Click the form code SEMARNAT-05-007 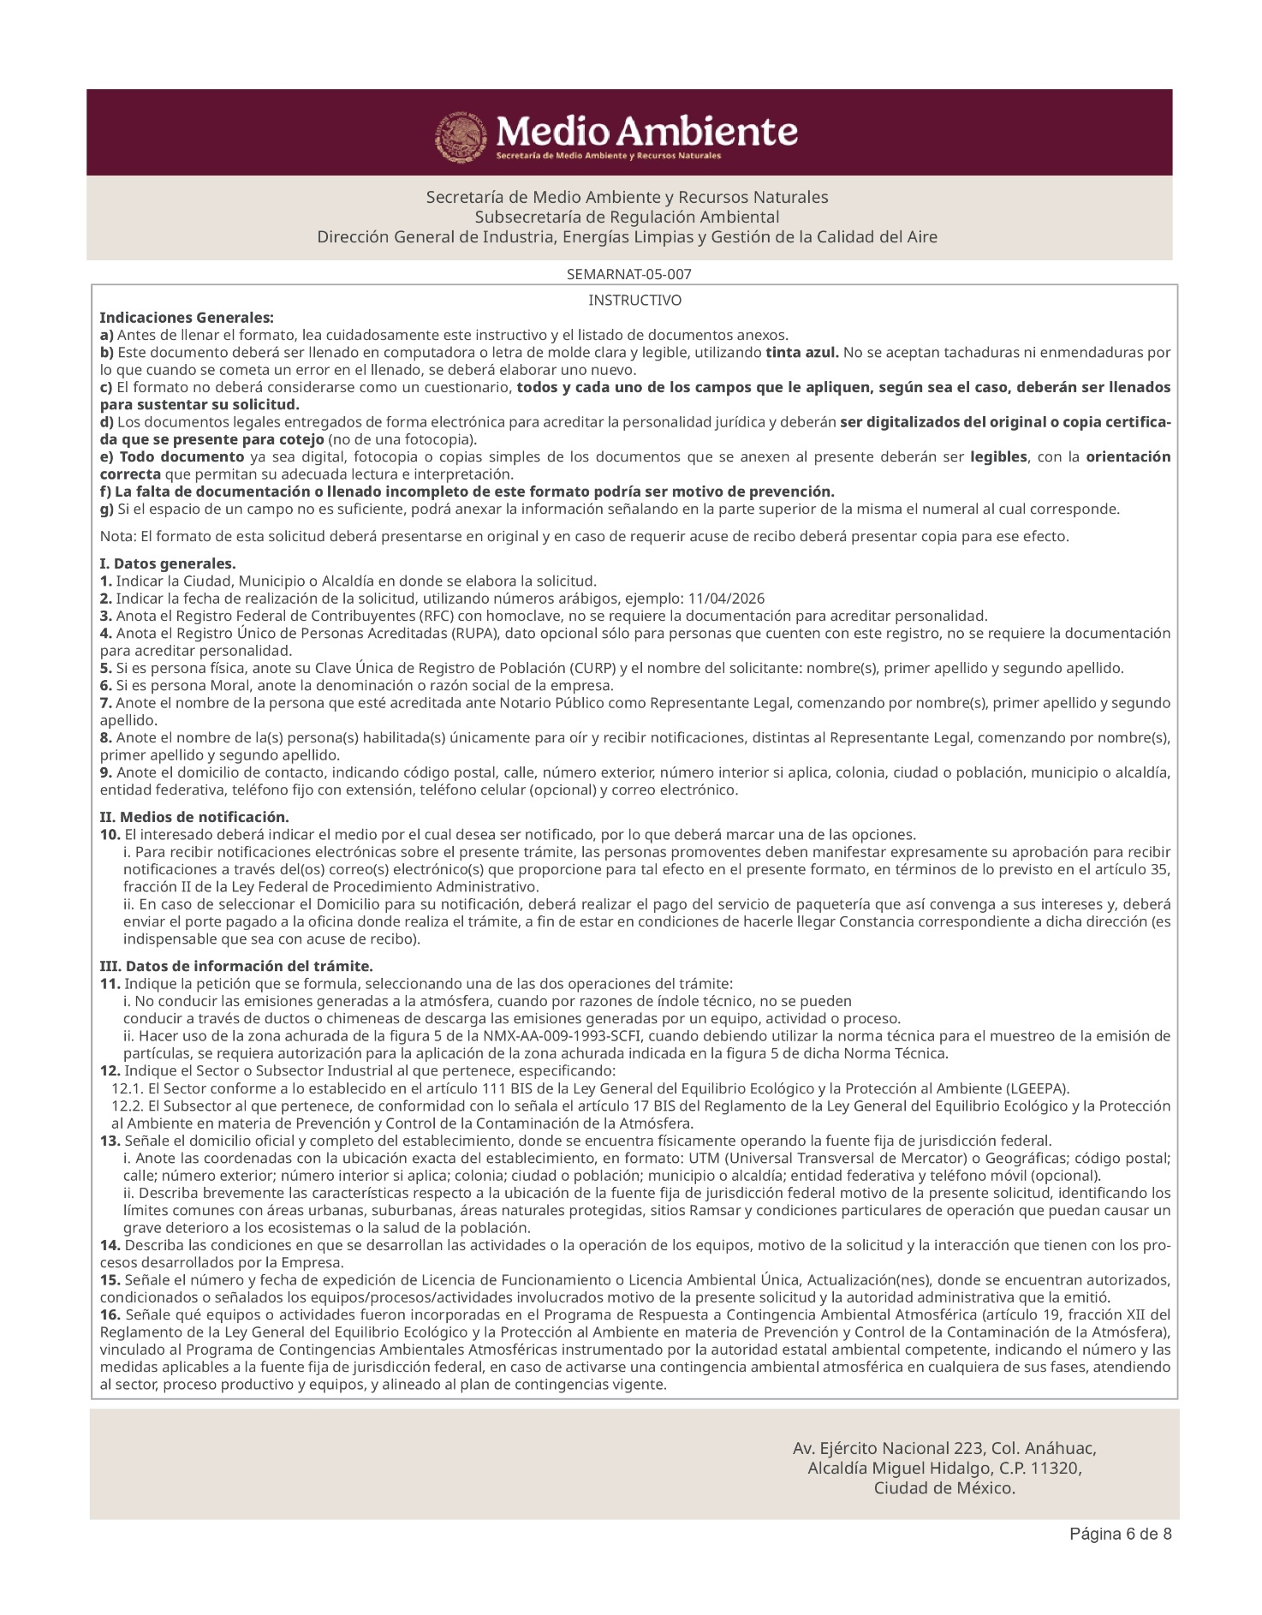pos(629,275)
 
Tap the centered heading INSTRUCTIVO pos(634,301)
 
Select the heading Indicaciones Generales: pos(187,318)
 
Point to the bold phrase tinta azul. pos(802,353)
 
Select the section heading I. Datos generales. pos(168,563)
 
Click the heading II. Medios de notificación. pos(194,817)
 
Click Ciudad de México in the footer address pos(944,1488)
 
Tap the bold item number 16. pos(110,1314)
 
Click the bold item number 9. pos(105,772)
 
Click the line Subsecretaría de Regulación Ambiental pos(627,217)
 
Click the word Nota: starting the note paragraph pos(117,537)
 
